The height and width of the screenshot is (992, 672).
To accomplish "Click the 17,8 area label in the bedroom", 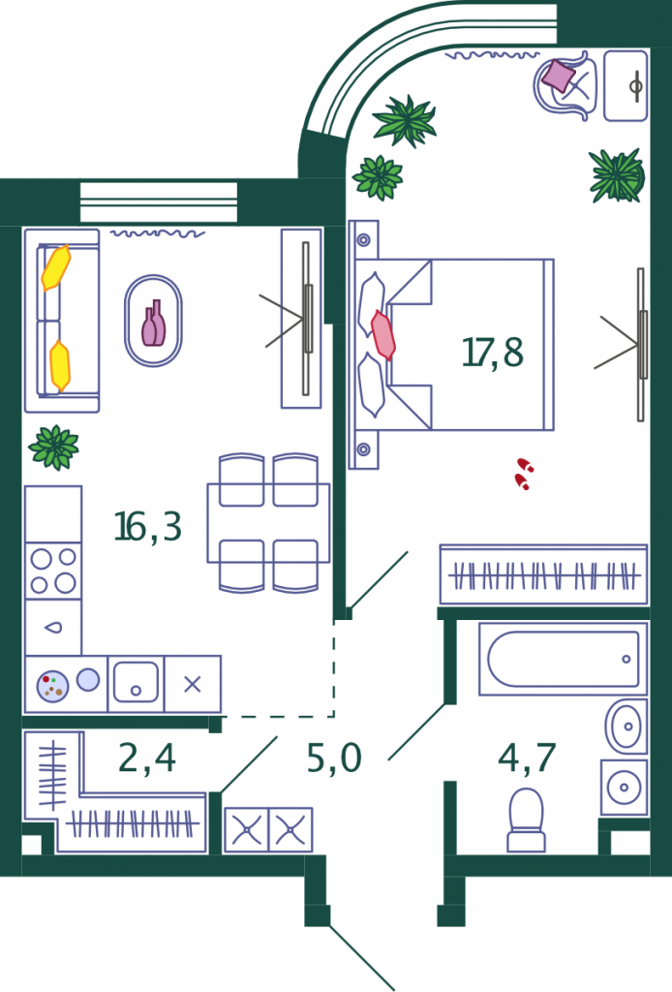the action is tap(493, 353).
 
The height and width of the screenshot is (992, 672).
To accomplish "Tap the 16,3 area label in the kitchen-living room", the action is tap(147, 526).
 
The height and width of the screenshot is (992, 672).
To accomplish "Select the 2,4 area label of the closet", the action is tap(146, 758).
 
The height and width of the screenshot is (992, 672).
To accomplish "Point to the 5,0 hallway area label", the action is tap(334, 758).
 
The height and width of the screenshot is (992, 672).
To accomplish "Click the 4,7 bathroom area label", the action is tap(527, 758).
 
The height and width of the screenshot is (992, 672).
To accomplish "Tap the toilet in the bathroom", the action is tap(526, 820).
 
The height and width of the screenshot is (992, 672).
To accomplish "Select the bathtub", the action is tap(564, 659).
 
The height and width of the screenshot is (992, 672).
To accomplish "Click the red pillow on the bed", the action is tap(382, 334).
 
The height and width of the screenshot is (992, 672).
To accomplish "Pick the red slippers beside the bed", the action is tap(524, 474).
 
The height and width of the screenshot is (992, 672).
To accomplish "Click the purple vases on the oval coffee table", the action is tap(154, 324).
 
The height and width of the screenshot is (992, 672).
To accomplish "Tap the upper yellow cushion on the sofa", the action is tap(55, 267).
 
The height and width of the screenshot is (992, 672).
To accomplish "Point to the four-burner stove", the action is tap(53, 571).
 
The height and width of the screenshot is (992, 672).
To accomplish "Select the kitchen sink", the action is tap(136, 683).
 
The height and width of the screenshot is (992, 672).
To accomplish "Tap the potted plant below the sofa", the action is tap(53, 448).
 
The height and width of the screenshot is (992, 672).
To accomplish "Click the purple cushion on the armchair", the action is tap(559, 76).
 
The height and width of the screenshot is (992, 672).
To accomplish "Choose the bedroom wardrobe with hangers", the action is tap(543, 574).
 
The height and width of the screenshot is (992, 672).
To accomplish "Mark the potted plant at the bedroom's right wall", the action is tap(617, 176).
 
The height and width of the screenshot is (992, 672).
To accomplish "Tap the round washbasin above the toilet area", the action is tap(626, 727).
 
